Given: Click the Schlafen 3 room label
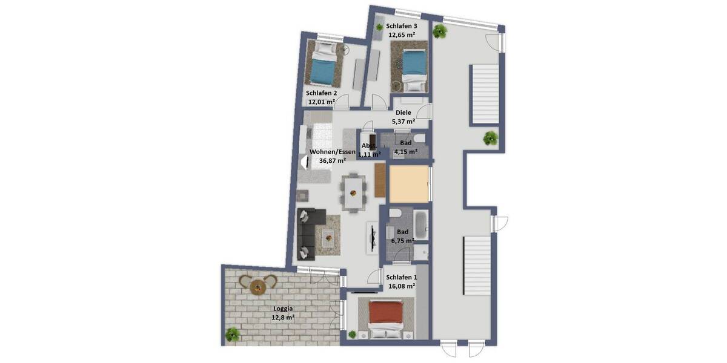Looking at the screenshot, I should coord(401,26).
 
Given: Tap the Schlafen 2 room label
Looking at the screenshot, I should coord(321,93).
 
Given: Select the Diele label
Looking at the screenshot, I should coord(403,113).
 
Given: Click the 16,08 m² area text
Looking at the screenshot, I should coord(400,286).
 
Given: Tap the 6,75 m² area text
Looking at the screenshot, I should coord(402,240).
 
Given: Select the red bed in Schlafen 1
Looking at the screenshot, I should coord(385,316).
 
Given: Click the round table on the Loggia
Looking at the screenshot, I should coord(257,285).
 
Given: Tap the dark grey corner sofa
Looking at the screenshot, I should coord(309,231).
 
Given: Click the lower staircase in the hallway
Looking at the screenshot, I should coord(476,266).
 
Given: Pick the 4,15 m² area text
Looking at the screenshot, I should coord(405,151).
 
